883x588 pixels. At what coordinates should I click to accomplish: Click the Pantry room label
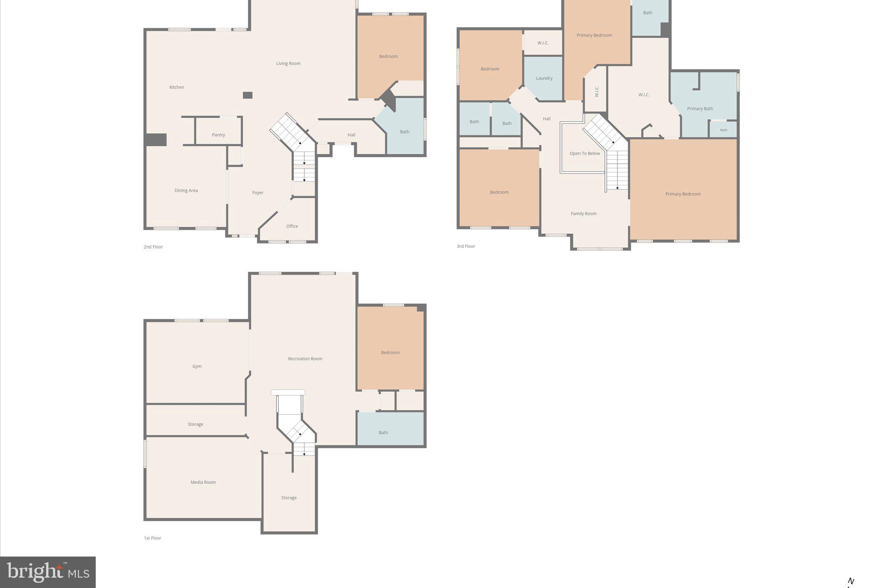[x=219, y=135]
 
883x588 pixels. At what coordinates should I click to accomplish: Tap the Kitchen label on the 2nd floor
[x=177, y=87]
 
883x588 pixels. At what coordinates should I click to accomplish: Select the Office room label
[x=292, y=226]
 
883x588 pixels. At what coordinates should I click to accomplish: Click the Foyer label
[x=258, y=193]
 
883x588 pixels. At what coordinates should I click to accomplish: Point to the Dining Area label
[x=186, y=190]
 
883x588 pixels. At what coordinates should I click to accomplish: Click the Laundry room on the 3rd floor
[x=544, y=78]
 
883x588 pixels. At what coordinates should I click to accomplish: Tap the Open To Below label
[x=585, y=153]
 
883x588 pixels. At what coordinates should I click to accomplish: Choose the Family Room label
[x=584, y=214]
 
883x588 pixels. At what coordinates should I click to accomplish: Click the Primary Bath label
[x=700, y=109]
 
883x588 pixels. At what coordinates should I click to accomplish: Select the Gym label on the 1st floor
[x=197, y=366]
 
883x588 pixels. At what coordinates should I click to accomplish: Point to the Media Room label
[x=203, y=482]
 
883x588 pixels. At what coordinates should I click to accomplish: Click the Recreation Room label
[x=305, y=358]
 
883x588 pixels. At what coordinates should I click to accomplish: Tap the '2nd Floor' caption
[x=153, y=247]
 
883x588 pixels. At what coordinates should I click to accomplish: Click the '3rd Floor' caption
[x=466, y=246]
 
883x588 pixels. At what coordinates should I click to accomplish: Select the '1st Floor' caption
[x=153, y=538]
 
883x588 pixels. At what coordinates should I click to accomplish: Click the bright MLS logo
[x=48, y=572]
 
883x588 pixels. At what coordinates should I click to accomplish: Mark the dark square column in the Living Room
[x=247, y=95]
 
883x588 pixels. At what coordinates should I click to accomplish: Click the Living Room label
[x=288, y=63]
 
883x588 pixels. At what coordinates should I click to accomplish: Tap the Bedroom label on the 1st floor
[x=390, y=352]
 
